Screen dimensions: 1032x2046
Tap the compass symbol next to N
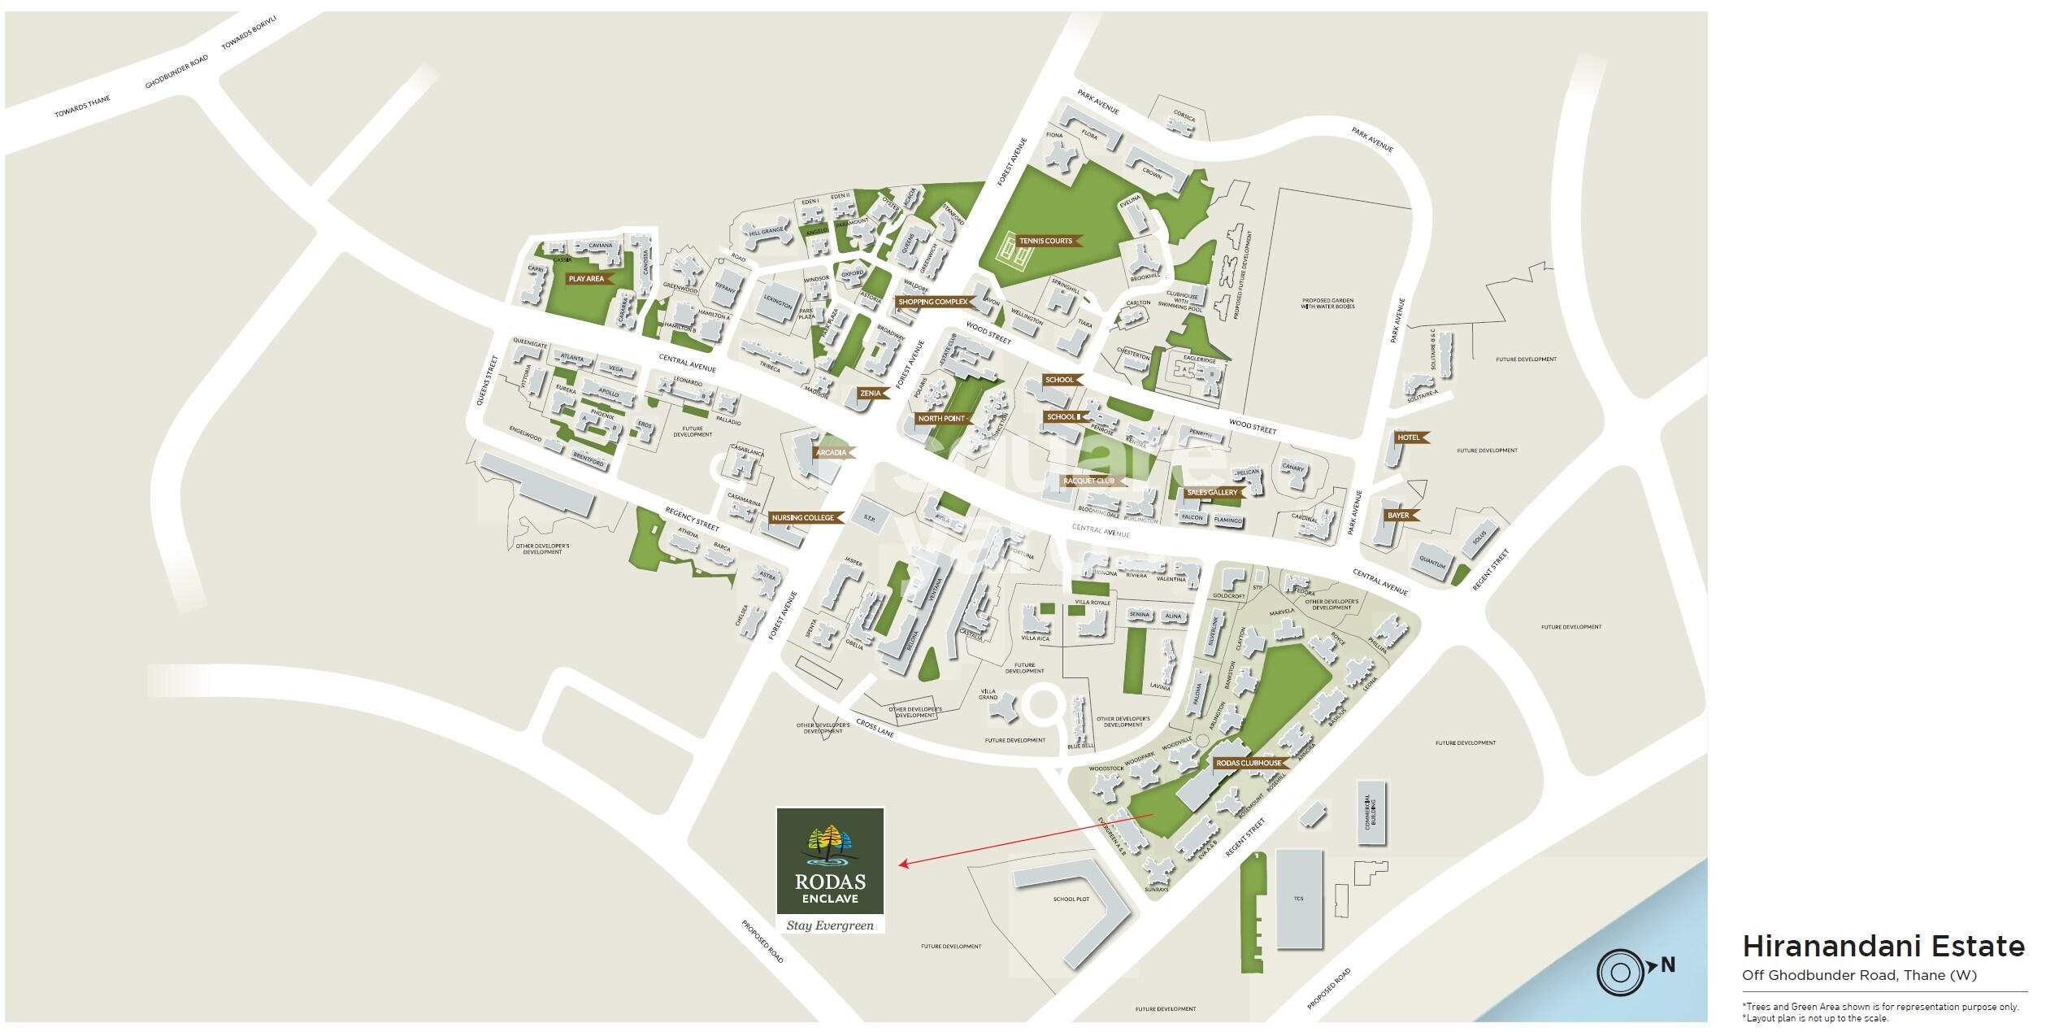[x=1620, y=973]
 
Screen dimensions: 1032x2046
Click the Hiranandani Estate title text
[x=1883, y=946]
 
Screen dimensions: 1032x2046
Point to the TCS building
[x=1299, y=899]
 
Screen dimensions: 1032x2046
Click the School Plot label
[x=1071, y=899]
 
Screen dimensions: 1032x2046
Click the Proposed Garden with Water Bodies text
[x=1327, y=303]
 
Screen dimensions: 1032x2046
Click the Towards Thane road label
[x=82, y=107]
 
